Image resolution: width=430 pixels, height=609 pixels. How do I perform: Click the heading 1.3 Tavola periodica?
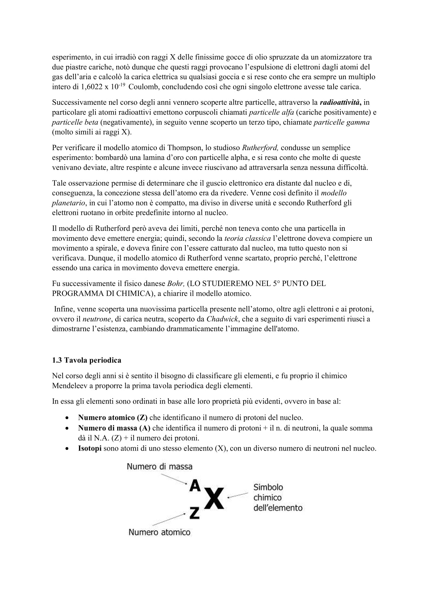click(x=86, y=360)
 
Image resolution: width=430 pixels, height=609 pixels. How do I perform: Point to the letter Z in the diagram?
click(x=194, y=512)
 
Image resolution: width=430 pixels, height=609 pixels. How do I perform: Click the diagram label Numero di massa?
click(x=159, y=467)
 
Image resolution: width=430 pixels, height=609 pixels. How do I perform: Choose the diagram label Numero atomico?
click(x=159, y=532)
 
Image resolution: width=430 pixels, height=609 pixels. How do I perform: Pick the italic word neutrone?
click(x=96, y=319)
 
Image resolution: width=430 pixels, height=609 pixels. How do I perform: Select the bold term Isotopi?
click(x=90, y=448)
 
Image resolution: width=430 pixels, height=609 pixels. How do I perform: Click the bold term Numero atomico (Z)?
click(x=113, y=417)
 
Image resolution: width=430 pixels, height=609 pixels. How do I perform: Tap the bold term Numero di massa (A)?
click(x=114, y=428)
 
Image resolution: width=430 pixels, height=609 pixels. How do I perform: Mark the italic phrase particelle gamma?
click(x=341, y=122)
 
